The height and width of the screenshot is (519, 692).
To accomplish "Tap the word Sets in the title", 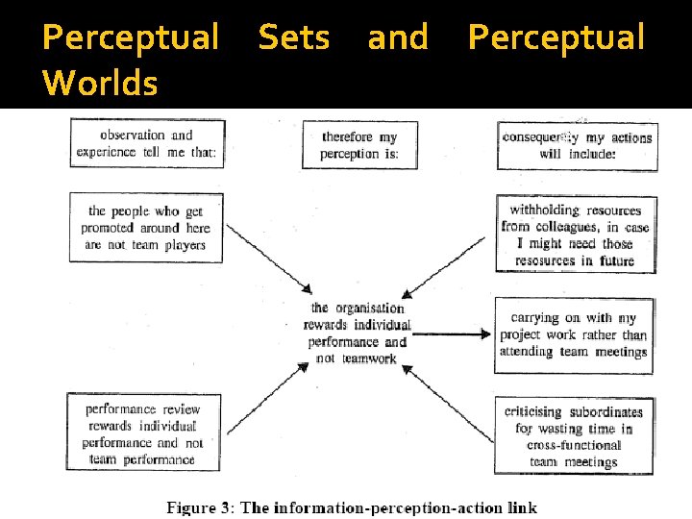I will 294,37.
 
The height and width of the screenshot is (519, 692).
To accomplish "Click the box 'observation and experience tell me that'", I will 147,143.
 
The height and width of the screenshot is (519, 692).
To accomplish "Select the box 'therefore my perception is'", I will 359,145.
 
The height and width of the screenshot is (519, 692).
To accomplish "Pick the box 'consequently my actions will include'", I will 577,145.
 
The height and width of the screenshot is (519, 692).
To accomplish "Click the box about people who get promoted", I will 146,228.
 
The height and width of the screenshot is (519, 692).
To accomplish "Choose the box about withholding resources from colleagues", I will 576,235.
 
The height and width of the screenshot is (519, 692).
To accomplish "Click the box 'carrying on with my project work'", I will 574,334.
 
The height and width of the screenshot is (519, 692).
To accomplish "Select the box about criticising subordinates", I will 574,435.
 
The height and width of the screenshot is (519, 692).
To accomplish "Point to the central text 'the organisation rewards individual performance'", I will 358,334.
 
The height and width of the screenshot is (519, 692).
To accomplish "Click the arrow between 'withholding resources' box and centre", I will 448,266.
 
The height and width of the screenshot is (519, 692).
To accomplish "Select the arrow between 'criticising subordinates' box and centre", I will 448,398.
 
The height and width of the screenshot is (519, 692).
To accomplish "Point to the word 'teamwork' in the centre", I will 369,359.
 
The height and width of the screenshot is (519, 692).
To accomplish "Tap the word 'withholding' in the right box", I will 543,210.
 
